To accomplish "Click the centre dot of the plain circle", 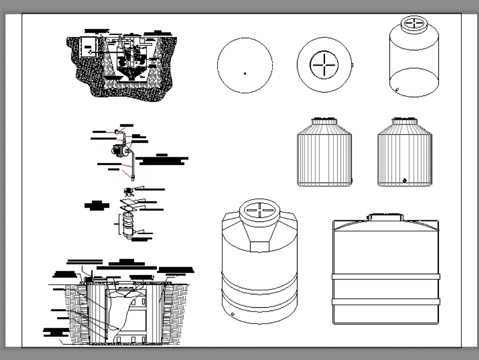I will coord(245,73).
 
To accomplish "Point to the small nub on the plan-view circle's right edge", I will coord(352,64).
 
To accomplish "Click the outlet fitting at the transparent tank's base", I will coord(397,89).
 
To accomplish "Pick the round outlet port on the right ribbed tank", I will coord(405,180).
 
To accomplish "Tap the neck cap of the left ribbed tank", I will coord(324,121).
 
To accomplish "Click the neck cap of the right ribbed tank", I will coord(404,121).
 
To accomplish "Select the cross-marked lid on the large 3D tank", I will coord(259,211).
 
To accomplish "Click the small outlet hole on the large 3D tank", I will coord(233,314).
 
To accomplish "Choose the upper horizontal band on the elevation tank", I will coord(386,277).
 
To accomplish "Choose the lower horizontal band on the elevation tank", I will coord(386,302).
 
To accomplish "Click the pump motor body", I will coord(117,150).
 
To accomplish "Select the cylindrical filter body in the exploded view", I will coord(128,224).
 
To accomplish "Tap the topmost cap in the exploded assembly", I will coord(128,191).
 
